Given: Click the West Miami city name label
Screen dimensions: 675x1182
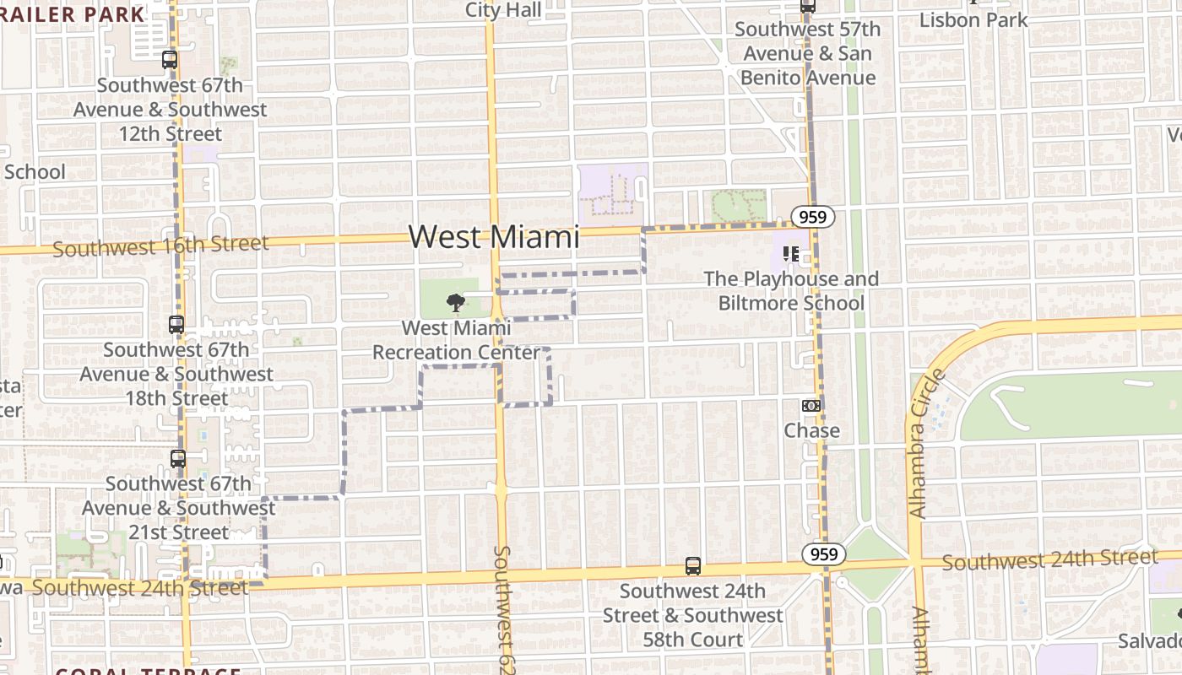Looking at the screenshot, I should click(494, 236).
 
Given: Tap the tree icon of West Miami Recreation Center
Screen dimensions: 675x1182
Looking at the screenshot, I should click(455, 302).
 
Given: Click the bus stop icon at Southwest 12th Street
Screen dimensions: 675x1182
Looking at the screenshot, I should click(170, 60).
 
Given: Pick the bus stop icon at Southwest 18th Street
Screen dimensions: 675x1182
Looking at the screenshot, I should click(176, 324).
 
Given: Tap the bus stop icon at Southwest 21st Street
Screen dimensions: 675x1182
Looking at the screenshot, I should click(177, 459).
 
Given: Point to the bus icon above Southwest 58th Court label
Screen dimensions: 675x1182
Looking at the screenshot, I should click(692, 566).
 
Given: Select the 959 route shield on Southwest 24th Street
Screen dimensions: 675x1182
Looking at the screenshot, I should click(822, 553).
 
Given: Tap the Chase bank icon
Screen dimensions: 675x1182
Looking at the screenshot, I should click(811, 406).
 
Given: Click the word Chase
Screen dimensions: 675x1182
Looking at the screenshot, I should click(811, 430).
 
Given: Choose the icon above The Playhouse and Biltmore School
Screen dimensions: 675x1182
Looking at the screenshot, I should click(790, 253).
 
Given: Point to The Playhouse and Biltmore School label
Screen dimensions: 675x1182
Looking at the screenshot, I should click(791, 291).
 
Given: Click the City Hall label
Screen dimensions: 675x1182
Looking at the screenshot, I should click(503, 10).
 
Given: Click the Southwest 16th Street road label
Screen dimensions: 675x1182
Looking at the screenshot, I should click(160, 246).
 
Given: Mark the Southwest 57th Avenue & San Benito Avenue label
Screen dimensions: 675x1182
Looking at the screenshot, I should click(807, 53).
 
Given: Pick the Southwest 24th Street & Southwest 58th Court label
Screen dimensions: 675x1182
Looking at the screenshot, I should click(692, 615).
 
